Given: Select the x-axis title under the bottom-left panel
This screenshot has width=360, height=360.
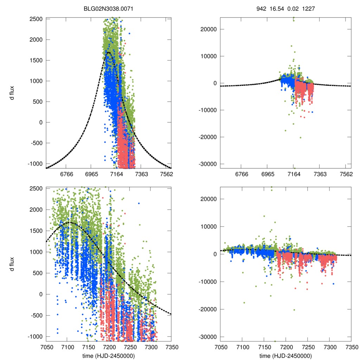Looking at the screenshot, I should coord(109,355).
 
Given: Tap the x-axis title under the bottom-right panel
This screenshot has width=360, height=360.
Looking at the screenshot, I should coord(285,355).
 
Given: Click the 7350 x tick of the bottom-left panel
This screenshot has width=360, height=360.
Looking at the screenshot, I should coord(171,347).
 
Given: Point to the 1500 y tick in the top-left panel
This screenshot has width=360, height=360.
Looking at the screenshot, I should coord(36,60).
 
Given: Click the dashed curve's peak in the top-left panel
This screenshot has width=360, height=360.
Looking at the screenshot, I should coord(109,52).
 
